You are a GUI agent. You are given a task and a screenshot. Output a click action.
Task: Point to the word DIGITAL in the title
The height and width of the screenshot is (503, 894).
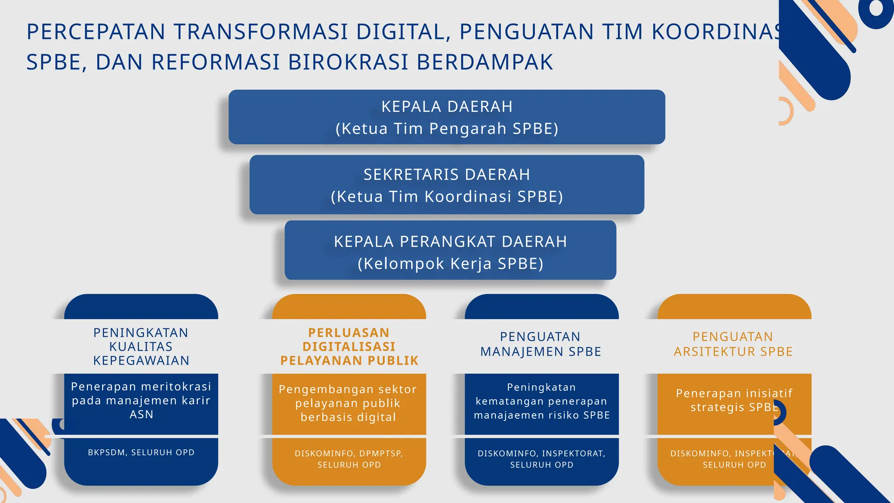(x=402, y=32)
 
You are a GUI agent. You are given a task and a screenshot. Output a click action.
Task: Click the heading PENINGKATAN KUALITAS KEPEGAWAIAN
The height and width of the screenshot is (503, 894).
(x=141, y=346)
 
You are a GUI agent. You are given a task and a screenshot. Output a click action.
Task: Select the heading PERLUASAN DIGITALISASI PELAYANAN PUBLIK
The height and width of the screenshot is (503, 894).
(x=349, y=346)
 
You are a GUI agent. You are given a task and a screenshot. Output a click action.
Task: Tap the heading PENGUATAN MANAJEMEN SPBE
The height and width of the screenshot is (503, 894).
(x=541, y=344)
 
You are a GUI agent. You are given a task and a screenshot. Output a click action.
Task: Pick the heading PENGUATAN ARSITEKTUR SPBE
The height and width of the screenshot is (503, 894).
(x=733, y=344)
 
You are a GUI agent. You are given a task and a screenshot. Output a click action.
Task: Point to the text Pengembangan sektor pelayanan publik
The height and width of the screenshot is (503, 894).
(x=348, y=403)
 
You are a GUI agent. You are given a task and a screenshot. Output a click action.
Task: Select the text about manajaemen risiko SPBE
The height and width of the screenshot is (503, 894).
(x=542, y=401)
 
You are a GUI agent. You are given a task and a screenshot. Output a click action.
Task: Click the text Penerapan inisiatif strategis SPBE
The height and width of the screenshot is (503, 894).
(x=733, y=400)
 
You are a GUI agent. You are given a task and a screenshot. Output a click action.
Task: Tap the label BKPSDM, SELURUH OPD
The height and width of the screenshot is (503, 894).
(x=141, y=452)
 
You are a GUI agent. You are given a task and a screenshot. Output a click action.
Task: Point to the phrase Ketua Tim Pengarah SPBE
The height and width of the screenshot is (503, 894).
(x=447, y=129)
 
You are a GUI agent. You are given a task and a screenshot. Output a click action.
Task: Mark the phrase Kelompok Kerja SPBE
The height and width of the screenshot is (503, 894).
(x=450, y=264)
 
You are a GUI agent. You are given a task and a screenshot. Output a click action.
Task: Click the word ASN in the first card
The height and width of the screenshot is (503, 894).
(x=141, y=414)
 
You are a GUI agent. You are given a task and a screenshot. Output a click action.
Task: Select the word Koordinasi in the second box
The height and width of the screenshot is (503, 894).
(x=468, y=196)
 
